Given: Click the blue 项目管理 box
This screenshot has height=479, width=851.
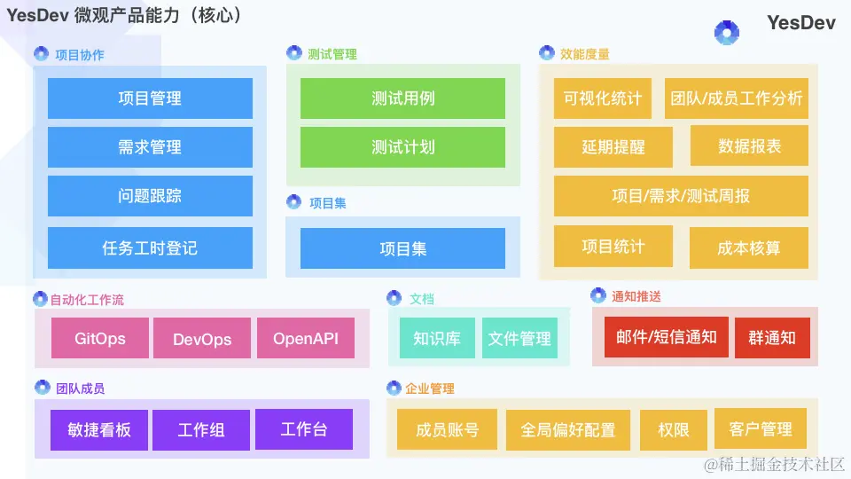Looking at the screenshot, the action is coord(150,98).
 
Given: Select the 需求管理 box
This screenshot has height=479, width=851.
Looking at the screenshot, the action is coord(150,147).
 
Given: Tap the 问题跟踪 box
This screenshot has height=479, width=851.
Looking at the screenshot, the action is coord(150,196).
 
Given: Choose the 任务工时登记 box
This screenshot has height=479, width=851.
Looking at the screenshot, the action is coord(150,248).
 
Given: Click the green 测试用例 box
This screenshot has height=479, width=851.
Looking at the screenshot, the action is coord(402,98).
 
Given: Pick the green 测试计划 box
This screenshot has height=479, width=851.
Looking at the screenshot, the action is coord(402,147).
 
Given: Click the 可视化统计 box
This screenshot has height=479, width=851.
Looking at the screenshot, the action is coord(603,98).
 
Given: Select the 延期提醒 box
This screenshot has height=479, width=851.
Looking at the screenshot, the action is coord(613,147).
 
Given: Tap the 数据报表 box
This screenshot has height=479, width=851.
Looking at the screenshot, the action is coord(749,147).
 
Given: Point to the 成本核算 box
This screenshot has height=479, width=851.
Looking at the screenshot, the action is coord(749,247).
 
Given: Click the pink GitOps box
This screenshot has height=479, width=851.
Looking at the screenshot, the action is coord(100,338).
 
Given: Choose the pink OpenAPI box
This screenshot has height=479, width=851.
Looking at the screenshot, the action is coord(305,338).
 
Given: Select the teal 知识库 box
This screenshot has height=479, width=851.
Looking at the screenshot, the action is coord(437,338).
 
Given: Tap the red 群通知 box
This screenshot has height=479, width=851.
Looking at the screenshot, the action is coord(772,338).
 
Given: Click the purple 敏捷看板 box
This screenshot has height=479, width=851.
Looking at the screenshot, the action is coord(99,429).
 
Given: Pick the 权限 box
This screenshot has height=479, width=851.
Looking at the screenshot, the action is coord(674,429).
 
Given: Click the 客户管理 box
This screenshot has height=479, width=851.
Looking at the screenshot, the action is coord(761,429).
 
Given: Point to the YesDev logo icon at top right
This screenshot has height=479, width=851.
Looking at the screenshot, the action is coord(727,33).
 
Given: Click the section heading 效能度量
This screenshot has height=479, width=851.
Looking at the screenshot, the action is coord(585,54).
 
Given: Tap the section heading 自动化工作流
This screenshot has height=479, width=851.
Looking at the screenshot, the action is coord(87,300).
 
